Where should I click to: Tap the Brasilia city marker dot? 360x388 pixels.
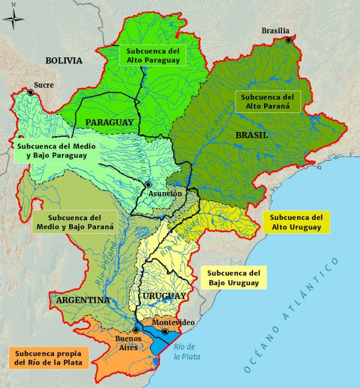coord(289,41)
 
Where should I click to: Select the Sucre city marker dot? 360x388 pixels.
coord(31,92)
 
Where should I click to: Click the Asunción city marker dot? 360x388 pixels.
coord(148,185)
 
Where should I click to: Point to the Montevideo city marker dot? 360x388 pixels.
coord(165,331)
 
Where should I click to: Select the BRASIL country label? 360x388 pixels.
coord(251,136)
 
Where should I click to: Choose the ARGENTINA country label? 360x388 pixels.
coord(83,299)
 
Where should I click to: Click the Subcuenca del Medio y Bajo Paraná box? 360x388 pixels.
coord(74,222)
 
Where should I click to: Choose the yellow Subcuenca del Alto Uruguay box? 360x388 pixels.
coord(296,222)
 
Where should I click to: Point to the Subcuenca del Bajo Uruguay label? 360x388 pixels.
coord(233,277)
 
